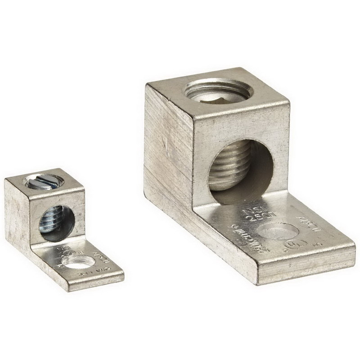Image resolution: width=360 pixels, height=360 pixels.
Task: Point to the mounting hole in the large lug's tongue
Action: [279, 232]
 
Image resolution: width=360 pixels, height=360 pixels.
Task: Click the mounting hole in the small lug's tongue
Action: [78, 262]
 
